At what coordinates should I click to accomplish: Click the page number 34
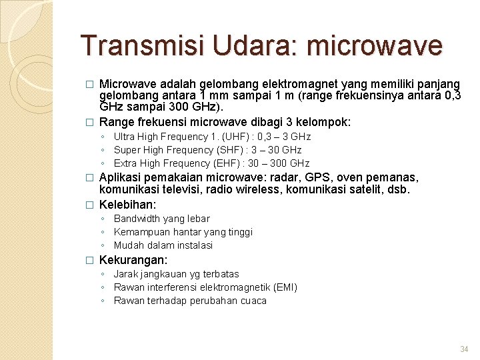pos(465,349)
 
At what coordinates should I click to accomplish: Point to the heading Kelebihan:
pos(127,204)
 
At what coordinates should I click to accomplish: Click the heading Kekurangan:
pos(133,260)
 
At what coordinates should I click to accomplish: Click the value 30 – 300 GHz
pos(279,163)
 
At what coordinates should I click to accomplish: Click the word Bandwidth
pos(137,219)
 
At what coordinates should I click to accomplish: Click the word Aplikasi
pos(120,177)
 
